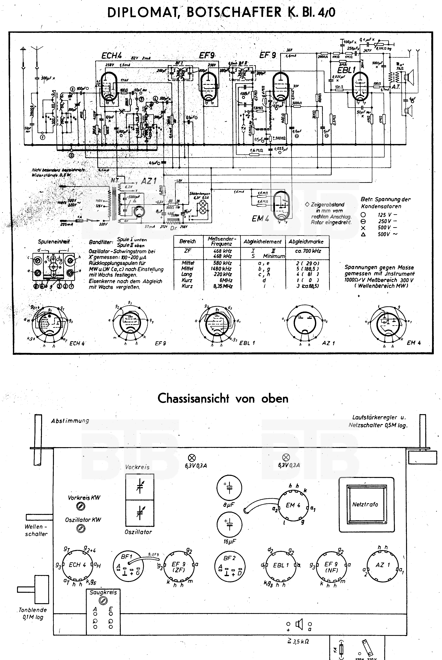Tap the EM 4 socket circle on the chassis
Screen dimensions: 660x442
click(x=293, y=505)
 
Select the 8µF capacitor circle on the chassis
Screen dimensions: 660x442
click(x=229, y=488)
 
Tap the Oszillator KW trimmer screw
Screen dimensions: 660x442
click(x=81, y=528)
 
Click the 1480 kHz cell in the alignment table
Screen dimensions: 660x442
click(x=221, y=268)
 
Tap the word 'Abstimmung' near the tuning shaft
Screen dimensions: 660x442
click(x=70, y=421)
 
